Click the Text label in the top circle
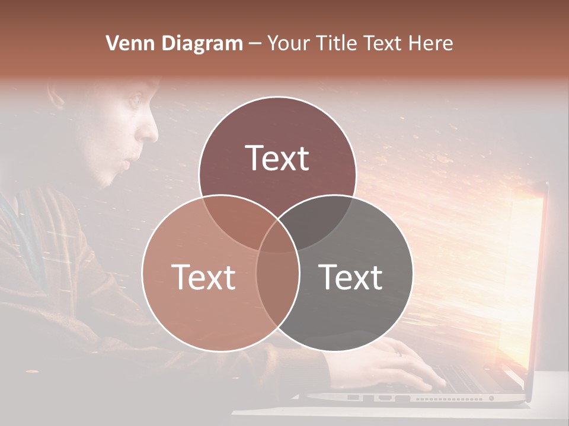coord(277,159)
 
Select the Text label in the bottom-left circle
coord(203,277)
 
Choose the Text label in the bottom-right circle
coord(351,277)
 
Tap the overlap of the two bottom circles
coord(277,284)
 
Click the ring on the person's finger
coord(399,353)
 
